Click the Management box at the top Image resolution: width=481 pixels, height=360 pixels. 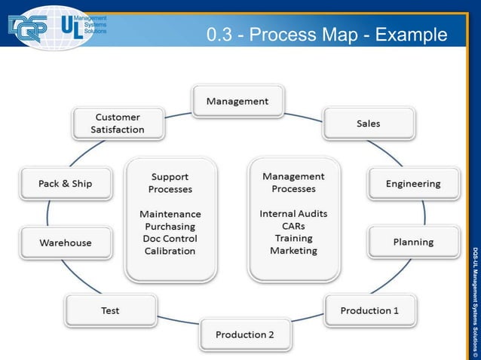[237, 101]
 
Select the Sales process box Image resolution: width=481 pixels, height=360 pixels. [369, 123]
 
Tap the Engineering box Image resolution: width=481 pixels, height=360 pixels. [412, 184]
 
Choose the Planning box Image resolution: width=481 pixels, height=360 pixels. [412, 242]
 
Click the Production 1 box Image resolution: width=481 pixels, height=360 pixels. [369, 310]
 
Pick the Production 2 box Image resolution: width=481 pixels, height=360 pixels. [245, 334]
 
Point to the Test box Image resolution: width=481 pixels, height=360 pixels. [110, 310]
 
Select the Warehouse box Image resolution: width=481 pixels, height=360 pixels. [66, 243]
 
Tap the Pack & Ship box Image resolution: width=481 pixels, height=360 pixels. [66, 184]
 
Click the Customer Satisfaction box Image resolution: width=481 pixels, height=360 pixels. [118, 124]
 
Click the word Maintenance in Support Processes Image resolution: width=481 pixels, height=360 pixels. [170, 214]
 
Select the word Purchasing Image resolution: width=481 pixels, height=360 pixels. [170, 226]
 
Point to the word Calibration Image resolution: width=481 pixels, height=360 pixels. [170, 251]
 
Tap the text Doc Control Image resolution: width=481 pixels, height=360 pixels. [170, 239]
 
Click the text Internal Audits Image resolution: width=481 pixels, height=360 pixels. [293, 213]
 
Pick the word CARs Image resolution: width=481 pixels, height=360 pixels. [293, 226]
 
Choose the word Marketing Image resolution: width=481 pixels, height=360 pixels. [293, 250]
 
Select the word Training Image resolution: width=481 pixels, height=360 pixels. [293, 238]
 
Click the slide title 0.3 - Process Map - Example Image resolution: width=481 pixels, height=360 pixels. [326, 35]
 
